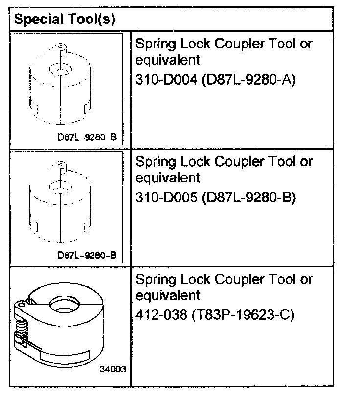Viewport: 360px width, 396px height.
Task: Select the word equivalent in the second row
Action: coord(168,178)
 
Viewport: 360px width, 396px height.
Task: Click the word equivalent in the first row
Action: coord(168,60)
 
